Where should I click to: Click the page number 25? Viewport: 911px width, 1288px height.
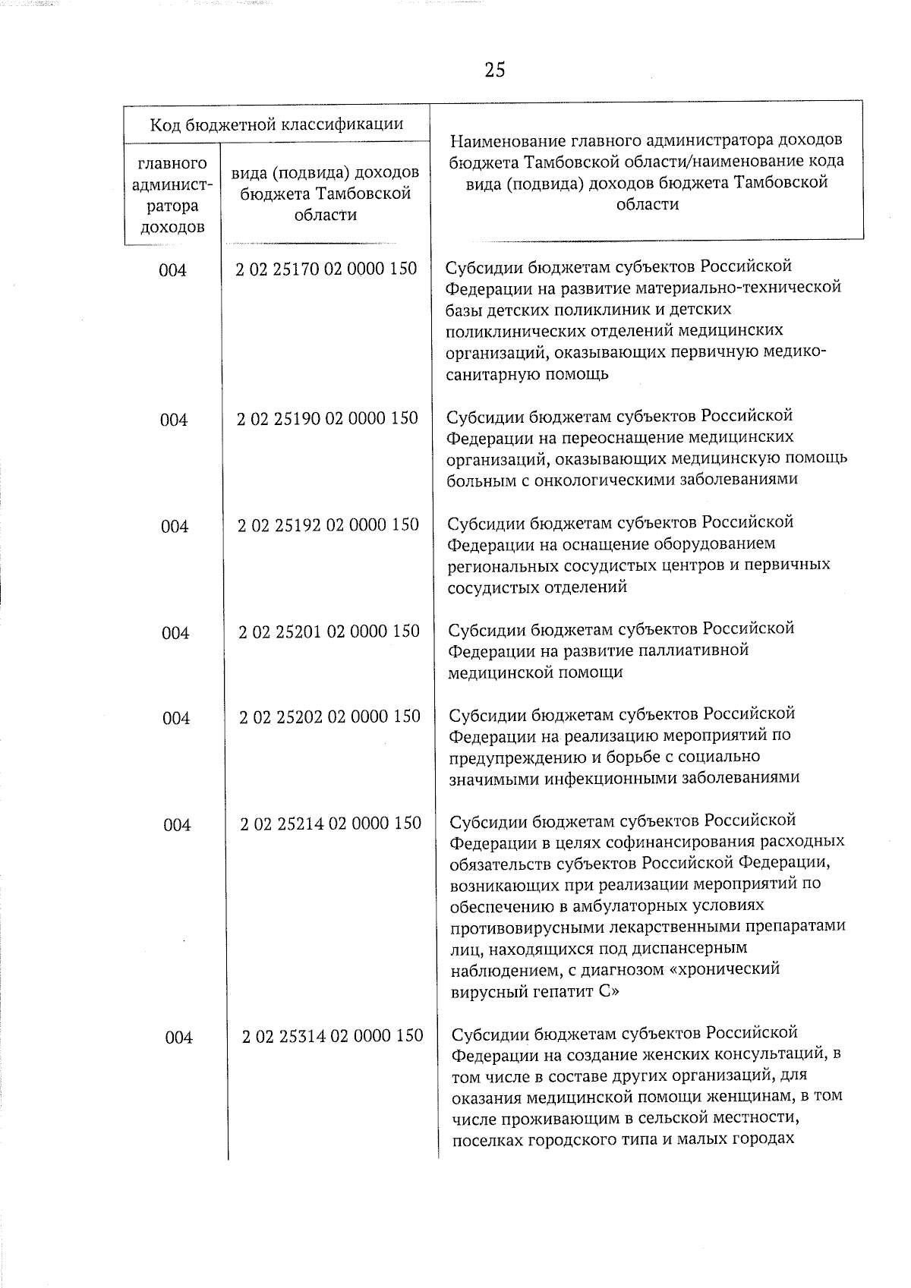[x=494, y=71]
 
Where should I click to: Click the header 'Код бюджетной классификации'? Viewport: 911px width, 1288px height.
[x=276, y=124]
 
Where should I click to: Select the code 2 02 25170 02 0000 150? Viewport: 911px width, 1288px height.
[x=326, y=269]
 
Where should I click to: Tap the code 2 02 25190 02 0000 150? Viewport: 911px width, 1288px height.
[x=327, y=418]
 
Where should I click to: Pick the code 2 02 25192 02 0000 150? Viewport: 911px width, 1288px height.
[x=328, y=524]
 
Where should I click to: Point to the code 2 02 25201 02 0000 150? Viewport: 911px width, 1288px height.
[x=329, y=631]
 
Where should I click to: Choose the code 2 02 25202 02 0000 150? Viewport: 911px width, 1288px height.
[x=329, y=716]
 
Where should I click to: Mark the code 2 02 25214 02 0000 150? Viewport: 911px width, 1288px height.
[x=330, y=824]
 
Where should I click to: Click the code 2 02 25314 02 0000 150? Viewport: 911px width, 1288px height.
[x=332, y=1036]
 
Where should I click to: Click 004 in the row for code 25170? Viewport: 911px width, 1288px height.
[x=172, y=270]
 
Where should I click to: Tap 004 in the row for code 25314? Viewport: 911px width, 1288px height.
[x=178, y=1038]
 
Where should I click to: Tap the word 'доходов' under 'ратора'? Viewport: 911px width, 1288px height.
[x=172, y=226]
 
